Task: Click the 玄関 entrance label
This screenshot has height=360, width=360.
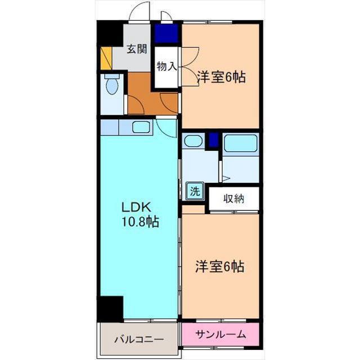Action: [x=137, y=49]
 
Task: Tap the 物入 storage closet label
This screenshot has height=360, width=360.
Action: [x=166, y=67]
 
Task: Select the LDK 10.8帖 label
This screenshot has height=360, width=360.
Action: [x=140, y=214]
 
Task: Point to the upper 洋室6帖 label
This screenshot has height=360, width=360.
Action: [x=222, y=77]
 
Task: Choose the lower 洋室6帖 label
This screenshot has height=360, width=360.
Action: [x=220, y=267]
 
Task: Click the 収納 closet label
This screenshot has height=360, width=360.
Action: [x=233, y=199]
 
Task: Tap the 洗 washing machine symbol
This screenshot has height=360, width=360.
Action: [x=195, y=191]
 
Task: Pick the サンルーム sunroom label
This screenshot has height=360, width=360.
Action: [x=220, y=335]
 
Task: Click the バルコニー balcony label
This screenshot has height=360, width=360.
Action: [x=139, y=339]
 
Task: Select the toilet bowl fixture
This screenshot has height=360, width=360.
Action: [x=112, y=84]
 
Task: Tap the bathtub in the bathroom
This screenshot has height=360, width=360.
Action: [x=241, y=143]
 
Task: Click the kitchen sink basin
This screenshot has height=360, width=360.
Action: [x=141, y=127]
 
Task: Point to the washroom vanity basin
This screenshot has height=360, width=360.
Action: [x=193, y=141]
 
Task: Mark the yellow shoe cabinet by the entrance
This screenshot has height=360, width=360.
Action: [x=106, y=58]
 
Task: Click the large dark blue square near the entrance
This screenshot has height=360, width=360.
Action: [x=166, y=34]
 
